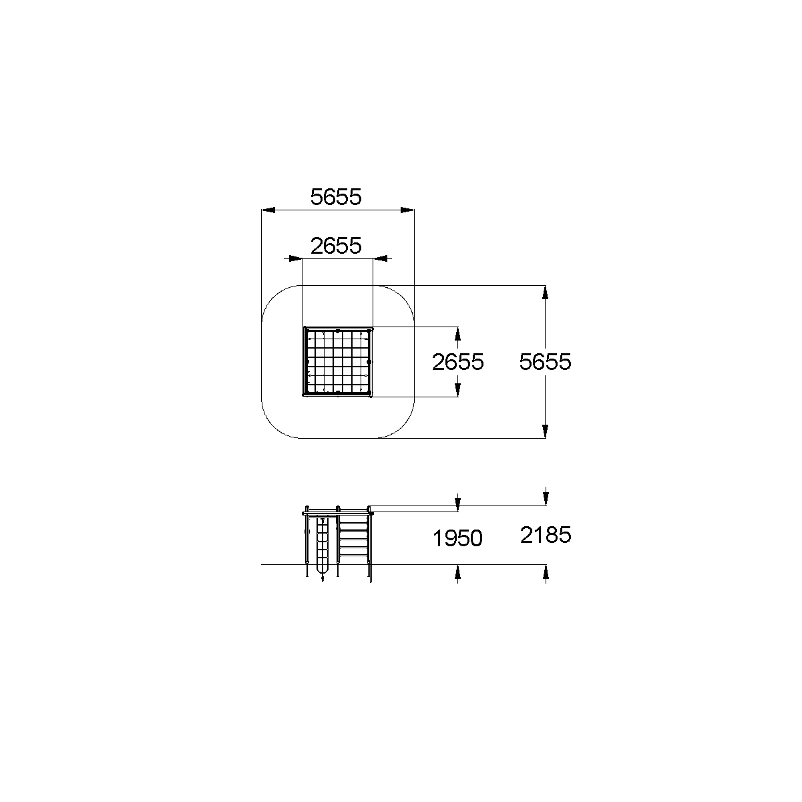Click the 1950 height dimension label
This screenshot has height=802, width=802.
pyautogui.click(x=457, y=538)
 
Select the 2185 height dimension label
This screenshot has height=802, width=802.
pyautogui.click(x=546, y=535)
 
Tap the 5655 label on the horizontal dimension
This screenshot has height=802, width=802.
pyautogui.click(x=336, y=197)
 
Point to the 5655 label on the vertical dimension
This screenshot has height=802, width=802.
pyautogui.click(x=545, y=362)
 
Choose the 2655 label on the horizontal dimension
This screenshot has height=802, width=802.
pyautogui.click(x=336, y=246)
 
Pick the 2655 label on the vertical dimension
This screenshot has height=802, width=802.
pyautogui.click(x=458, y=362)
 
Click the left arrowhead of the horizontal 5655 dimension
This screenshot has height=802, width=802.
pyautogui.click(x=268, y=210)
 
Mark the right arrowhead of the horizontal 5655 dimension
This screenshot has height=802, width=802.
pyautogui.click(x=407, y=210)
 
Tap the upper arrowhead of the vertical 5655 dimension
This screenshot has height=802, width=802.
pyautogui.click(x=545, y=292)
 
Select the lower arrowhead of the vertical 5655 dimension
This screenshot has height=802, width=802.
pyautogui.click(x=545, y=431)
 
